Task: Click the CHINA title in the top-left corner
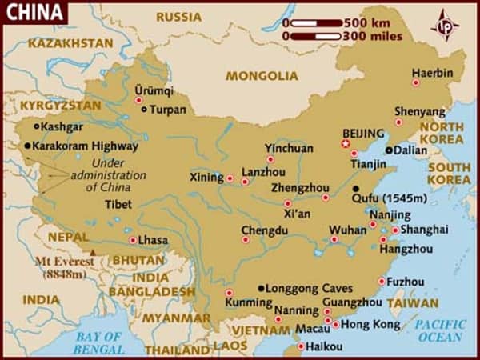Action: click(x=34, y=13)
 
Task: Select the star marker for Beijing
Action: click(x=346, y=144)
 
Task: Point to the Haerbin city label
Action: click(x=432, y=72)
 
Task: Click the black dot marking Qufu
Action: click(x=355, y=189)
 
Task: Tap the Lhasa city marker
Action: click(x=132, y=240)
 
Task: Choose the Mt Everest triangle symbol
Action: click(x=93, y=252)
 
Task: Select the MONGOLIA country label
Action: click(x=261, y=76)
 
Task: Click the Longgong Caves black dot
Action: click(x=261, y=288)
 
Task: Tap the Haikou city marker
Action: click(x=301, y=346)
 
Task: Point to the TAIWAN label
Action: click(x=412, y=303)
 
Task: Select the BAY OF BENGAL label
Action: click(x=97, y=342)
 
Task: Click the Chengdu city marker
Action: click(x=246, y=238)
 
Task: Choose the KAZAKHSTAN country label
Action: click(x=70, y=42)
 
